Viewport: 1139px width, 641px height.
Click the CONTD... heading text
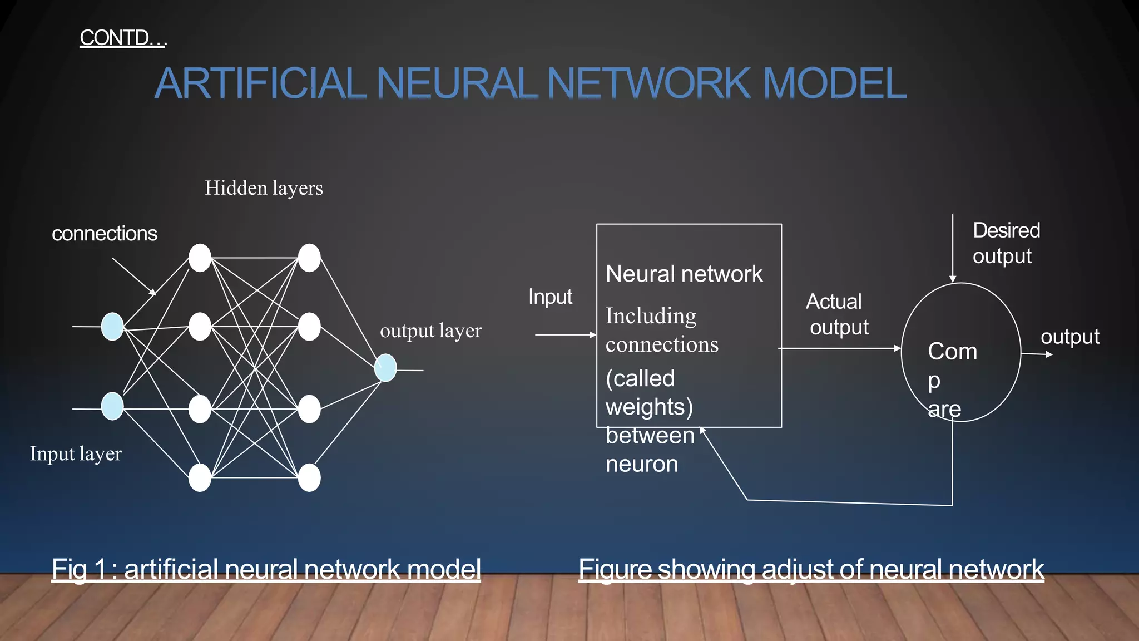(122, 38)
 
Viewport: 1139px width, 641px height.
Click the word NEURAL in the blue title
(456, 83)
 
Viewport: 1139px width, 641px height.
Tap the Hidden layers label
(264, 188)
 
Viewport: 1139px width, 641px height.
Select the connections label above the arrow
(105, 234)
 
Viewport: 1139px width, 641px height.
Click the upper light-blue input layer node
(112, 327)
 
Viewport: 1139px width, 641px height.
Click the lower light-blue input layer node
(112, 406)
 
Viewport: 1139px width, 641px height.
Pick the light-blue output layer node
(385, 368)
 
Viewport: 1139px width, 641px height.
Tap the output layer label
(430, 331)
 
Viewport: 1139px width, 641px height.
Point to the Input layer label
(76, 453)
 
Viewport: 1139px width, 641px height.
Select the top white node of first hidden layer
(200, 258)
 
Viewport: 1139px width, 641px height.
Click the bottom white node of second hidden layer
(309, 478)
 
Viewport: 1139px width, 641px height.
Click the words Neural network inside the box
(684, 274)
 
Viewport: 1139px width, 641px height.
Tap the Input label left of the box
(550, 297)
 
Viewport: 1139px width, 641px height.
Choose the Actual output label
(837, 314)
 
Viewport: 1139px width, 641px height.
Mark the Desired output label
(1006, 243)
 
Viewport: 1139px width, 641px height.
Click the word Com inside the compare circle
(952, 352)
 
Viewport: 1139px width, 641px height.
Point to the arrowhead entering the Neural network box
(593, 335)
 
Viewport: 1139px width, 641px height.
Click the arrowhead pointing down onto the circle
(953, 279)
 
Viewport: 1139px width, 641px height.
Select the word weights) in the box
(649, 407)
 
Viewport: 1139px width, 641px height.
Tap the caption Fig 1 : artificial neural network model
(266, 569)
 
